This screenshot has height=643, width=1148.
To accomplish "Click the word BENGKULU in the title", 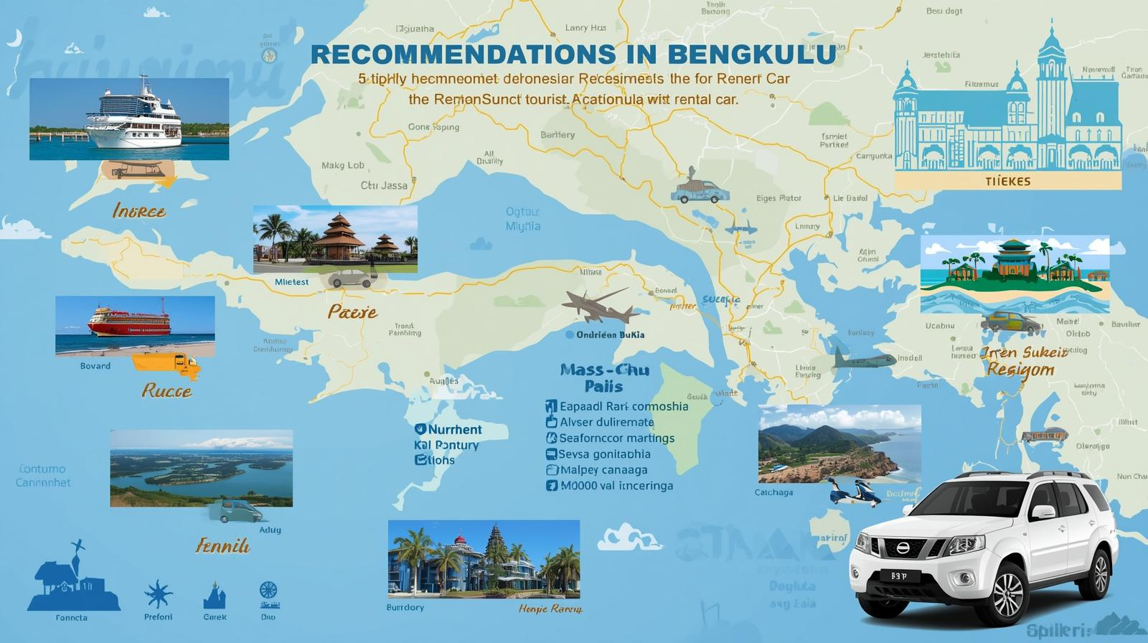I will (751, 54).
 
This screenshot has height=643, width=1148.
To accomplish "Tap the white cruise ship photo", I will (129, 119).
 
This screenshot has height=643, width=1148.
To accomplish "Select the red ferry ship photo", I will (135, 325).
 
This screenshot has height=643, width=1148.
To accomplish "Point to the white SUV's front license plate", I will (898, 576).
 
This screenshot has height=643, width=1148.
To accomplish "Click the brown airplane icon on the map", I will (600, 306).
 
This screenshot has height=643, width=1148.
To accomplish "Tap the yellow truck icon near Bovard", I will (166, 365).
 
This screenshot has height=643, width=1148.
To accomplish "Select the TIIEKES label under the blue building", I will (1007, 181).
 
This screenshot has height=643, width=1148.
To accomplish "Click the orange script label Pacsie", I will (352, 312).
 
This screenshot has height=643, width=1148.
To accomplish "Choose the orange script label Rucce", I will (166, 391).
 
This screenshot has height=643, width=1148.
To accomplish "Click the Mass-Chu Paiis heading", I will (604, 377).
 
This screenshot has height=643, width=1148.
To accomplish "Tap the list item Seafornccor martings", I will (616, 438).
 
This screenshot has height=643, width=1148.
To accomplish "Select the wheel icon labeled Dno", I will (268, 591).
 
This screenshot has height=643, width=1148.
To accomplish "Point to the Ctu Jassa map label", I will (384, 185).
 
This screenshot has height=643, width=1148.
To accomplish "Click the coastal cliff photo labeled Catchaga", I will (839, 443).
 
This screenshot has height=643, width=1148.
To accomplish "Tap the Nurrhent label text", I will (455, 429).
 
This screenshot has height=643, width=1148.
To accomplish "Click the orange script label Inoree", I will (139, 211).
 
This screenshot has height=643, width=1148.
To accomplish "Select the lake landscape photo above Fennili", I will (201, 468).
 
